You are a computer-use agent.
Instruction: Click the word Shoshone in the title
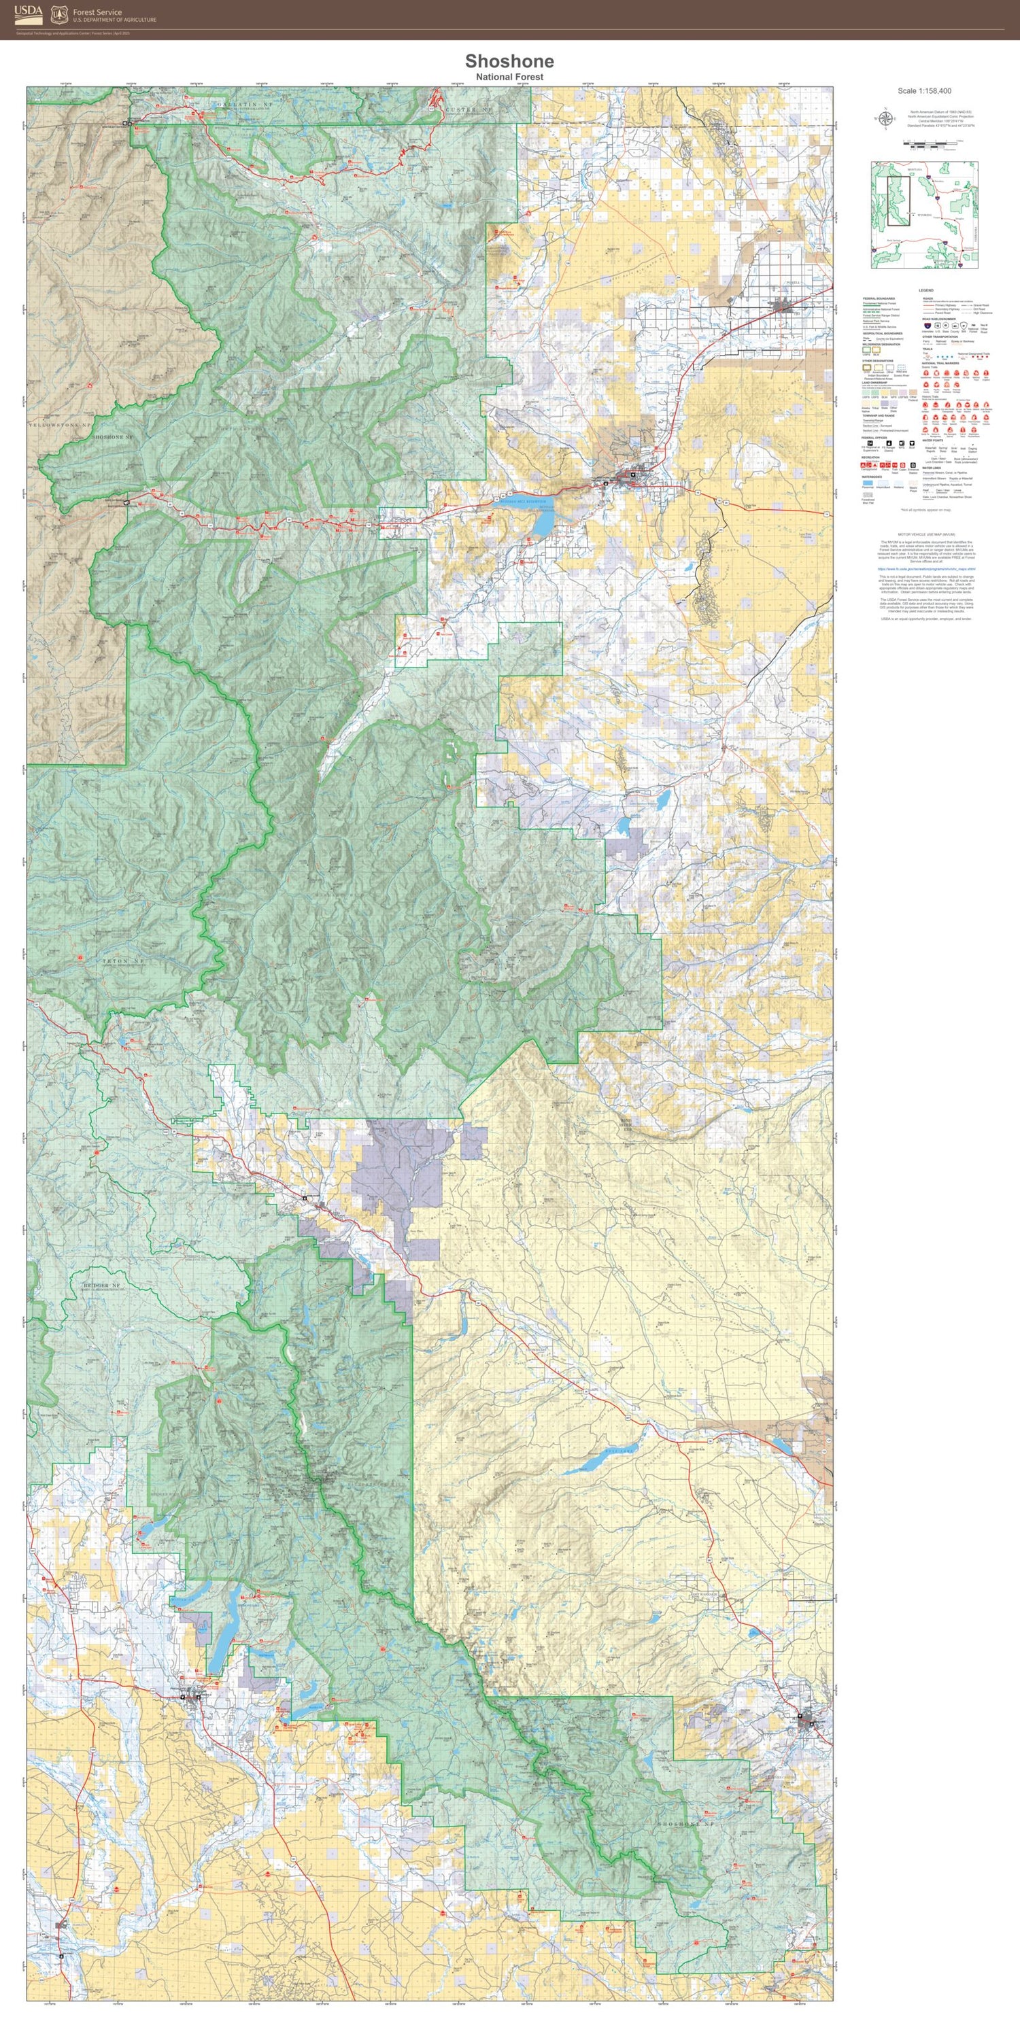pyautogui.click(x=509, y=61)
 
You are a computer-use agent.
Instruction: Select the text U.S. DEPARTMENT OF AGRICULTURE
pyautogui.click(x=114, y=20)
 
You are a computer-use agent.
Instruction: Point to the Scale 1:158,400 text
pyautogui.click(x=924, y=91)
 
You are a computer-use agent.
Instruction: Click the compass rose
pyautogui.click(x=885, y=118)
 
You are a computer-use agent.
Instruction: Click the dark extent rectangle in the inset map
pyautogui.click(x=898, y=201)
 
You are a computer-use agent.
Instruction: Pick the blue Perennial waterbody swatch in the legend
pyautogui.click(x=868, y=483)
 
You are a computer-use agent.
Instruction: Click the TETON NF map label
pyautogui.click(x=123, y=961)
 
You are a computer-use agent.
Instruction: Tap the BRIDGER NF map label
pyautogui.click(x=103, y=1285)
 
